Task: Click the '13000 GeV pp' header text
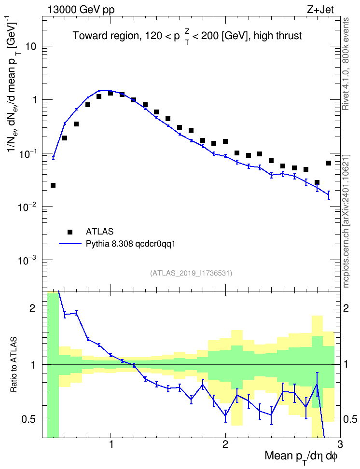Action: click(81, 10)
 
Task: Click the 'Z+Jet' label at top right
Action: click(320, 10)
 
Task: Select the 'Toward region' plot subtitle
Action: click(106, 36)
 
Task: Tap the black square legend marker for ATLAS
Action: click(70, 232)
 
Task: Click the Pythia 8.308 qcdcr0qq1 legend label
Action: click(130, 244)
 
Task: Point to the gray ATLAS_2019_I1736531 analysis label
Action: click(191, 273)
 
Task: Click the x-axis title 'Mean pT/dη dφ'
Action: click(301, 456)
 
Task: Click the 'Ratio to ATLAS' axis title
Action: click(13, 365)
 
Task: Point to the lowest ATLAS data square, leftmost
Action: click(53, 185)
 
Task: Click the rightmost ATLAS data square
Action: click(328, 163)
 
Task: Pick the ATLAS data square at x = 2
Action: click(225, 141)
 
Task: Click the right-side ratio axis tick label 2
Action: click(346, 308)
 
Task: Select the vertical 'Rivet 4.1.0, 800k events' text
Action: click(346, 64)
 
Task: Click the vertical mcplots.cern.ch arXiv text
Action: click(346, 221)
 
